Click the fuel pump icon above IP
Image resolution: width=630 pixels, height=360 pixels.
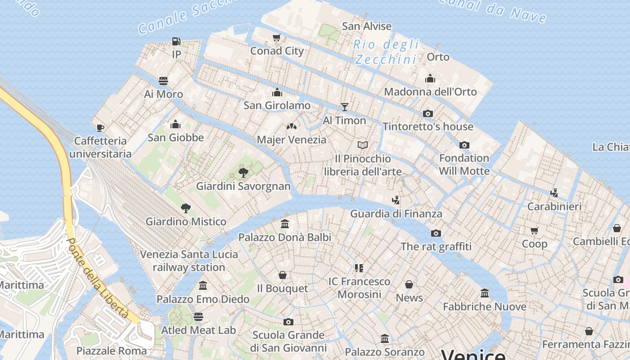pyautogui.click(x=176, y=41)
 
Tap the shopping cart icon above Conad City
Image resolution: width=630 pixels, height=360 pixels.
pyautogui.click(x=277, y=37)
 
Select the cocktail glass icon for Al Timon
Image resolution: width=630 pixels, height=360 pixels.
pyautogui.click(x=345, y=107)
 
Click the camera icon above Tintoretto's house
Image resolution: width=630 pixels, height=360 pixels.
pyautogui.click(x=428, y=113)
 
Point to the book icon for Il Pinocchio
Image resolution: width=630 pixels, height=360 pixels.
pyautogui.click(x=363, y=145)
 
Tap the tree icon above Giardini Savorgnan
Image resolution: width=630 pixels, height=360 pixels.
pyautogui.click(x=243, y=172)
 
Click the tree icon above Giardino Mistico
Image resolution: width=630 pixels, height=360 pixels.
pyautogui.click(x=186, y=208)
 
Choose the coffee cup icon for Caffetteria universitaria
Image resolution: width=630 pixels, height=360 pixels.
pyautogui.click(x=100, y=128)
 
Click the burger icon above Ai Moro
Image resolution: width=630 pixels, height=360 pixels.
pyautogui.click(x=163, y=81)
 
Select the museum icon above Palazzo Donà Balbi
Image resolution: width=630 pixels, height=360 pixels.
pyautogui.click(x=285, y=224)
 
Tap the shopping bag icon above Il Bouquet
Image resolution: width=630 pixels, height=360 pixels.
pyautogui.click(x=283, y=275)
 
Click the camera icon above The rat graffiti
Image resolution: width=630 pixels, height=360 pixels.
pyautogui.click(x=436, y=233)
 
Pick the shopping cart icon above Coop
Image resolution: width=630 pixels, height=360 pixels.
pyautogui.click(x=535, y=230)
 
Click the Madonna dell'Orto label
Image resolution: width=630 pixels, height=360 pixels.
pyautogui.click(x=430, y=92)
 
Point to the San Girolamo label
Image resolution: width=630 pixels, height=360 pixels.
pyautogui.click(x=277, y=105)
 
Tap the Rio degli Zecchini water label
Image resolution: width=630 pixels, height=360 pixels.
pyautogui.click(x=386, y=52)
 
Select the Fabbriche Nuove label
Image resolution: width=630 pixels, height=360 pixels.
pyautogui.click(x=485, y=307)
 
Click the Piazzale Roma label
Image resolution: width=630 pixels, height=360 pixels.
pyautogui.click(x=111, y=351)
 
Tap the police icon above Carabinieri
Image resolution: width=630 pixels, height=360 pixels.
pyautogui.click(x=554, y=193)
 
